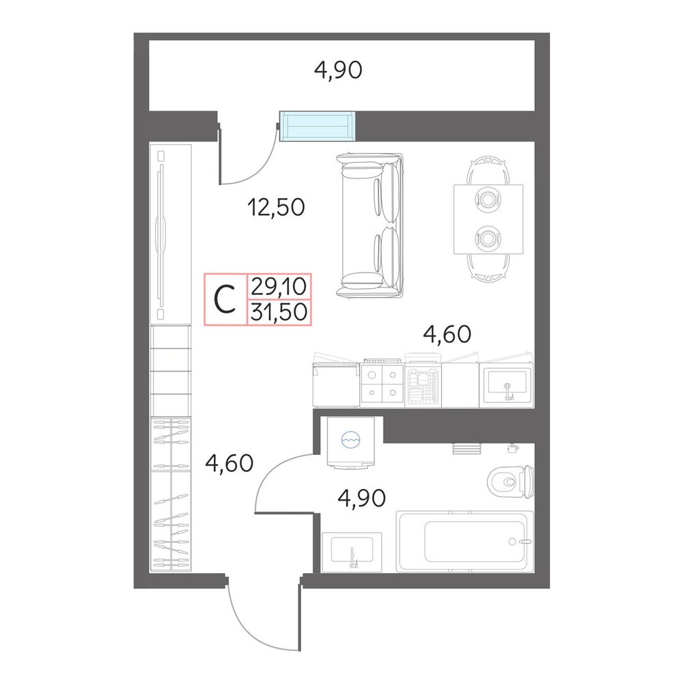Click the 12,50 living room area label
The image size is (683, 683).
tap(276, 208)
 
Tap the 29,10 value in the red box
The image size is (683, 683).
tap(279, 287)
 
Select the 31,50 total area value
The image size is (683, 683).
tap(279, 312)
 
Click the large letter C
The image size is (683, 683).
tap(225, 299)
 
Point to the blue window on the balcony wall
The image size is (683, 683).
tap(317, 126)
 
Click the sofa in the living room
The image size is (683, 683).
tap(370, 225)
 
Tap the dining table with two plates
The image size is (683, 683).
tap(488, 219)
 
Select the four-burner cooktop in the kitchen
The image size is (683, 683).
tap(382, 382)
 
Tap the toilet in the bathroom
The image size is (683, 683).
tap(510, 482)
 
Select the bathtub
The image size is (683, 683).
tap(464, 542)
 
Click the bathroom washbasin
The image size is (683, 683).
tap(352, 552)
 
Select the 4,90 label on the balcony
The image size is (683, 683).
tap(338, 70)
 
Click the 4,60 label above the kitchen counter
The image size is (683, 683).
tap(447, 334)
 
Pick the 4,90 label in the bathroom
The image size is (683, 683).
tap(361, 498)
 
